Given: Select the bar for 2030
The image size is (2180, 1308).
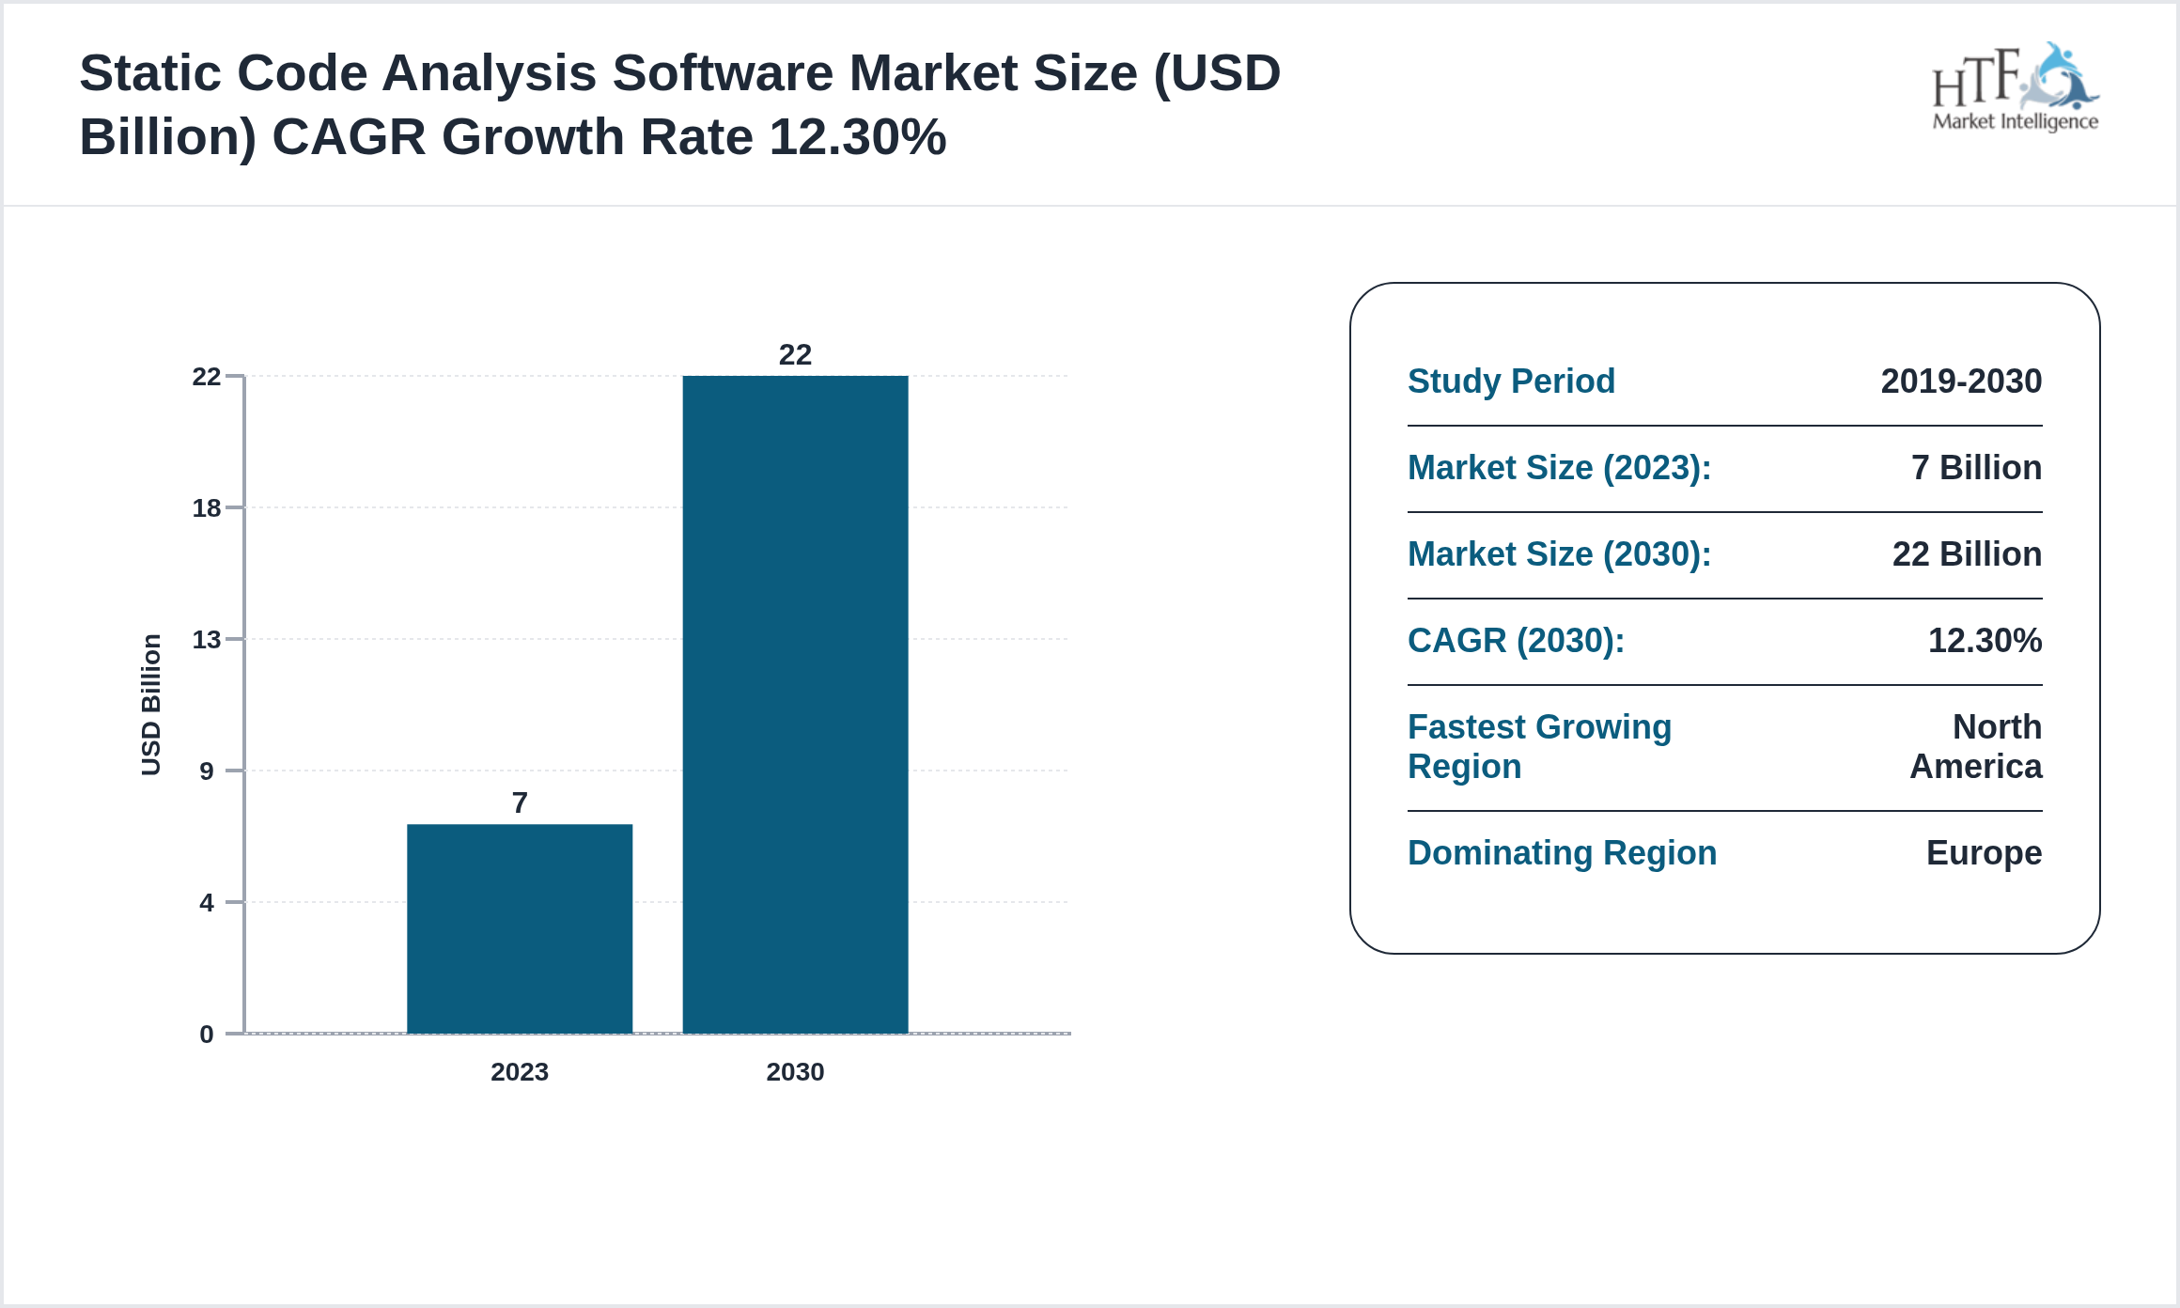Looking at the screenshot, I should pos(795,705).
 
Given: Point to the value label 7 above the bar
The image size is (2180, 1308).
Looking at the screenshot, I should pos(520,802).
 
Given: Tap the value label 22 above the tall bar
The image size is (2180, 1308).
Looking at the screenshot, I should pos(795,354).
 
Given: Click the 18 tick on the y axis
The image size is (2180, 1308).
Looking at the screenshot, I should pos(207,508).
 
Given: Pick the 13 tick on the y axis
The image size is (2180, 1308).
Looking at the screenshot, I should pos(207,640).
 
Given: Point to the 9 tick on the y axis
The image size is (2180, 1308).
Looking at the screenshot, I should pos(207,771).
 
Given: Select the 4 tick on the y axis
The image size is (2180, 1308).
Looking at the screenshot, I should pos(207,903).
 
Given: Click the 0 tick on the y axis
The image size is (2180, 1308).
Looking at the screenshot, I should pos(207,1035).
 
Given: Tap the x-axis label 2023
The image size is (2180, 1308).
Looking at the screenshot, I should pos(520,1071).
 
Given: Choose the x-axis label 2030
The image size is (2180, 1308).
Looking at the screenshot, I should pos(795,1071).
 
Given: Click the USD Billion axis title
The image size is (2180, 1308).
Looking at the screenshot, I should pos(151,705).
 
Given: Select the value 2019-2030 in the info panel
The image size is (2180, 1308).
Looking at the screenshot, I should pos(1961,381).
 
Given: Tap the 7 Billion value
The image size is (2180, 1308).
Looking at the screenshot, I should pos(1976,468).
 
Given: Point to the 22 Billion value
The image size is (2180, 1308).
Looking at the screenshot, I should pos(1967,554).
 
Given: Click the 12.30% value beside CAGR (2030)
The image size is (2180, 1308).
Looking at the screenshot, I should pos(1985,641).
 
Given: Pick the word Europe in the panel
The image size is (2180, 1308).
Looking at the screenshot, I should pos(1984,853).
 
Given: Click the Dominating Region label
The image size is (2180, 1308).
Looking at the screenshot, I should pos(1562,853).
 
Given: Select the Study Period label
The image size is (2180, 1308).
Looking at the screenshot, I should pos(1511,381).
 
